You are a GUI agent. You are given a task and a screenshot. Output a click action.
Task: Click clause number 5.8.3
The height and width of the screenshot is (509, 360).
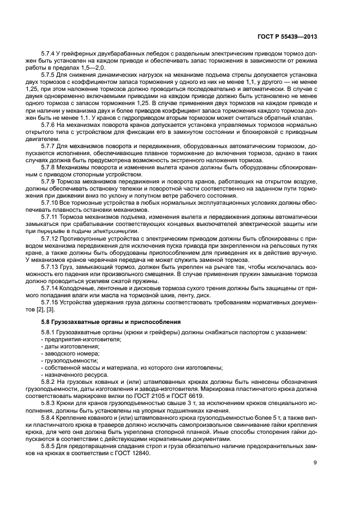tap(50, 403)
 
